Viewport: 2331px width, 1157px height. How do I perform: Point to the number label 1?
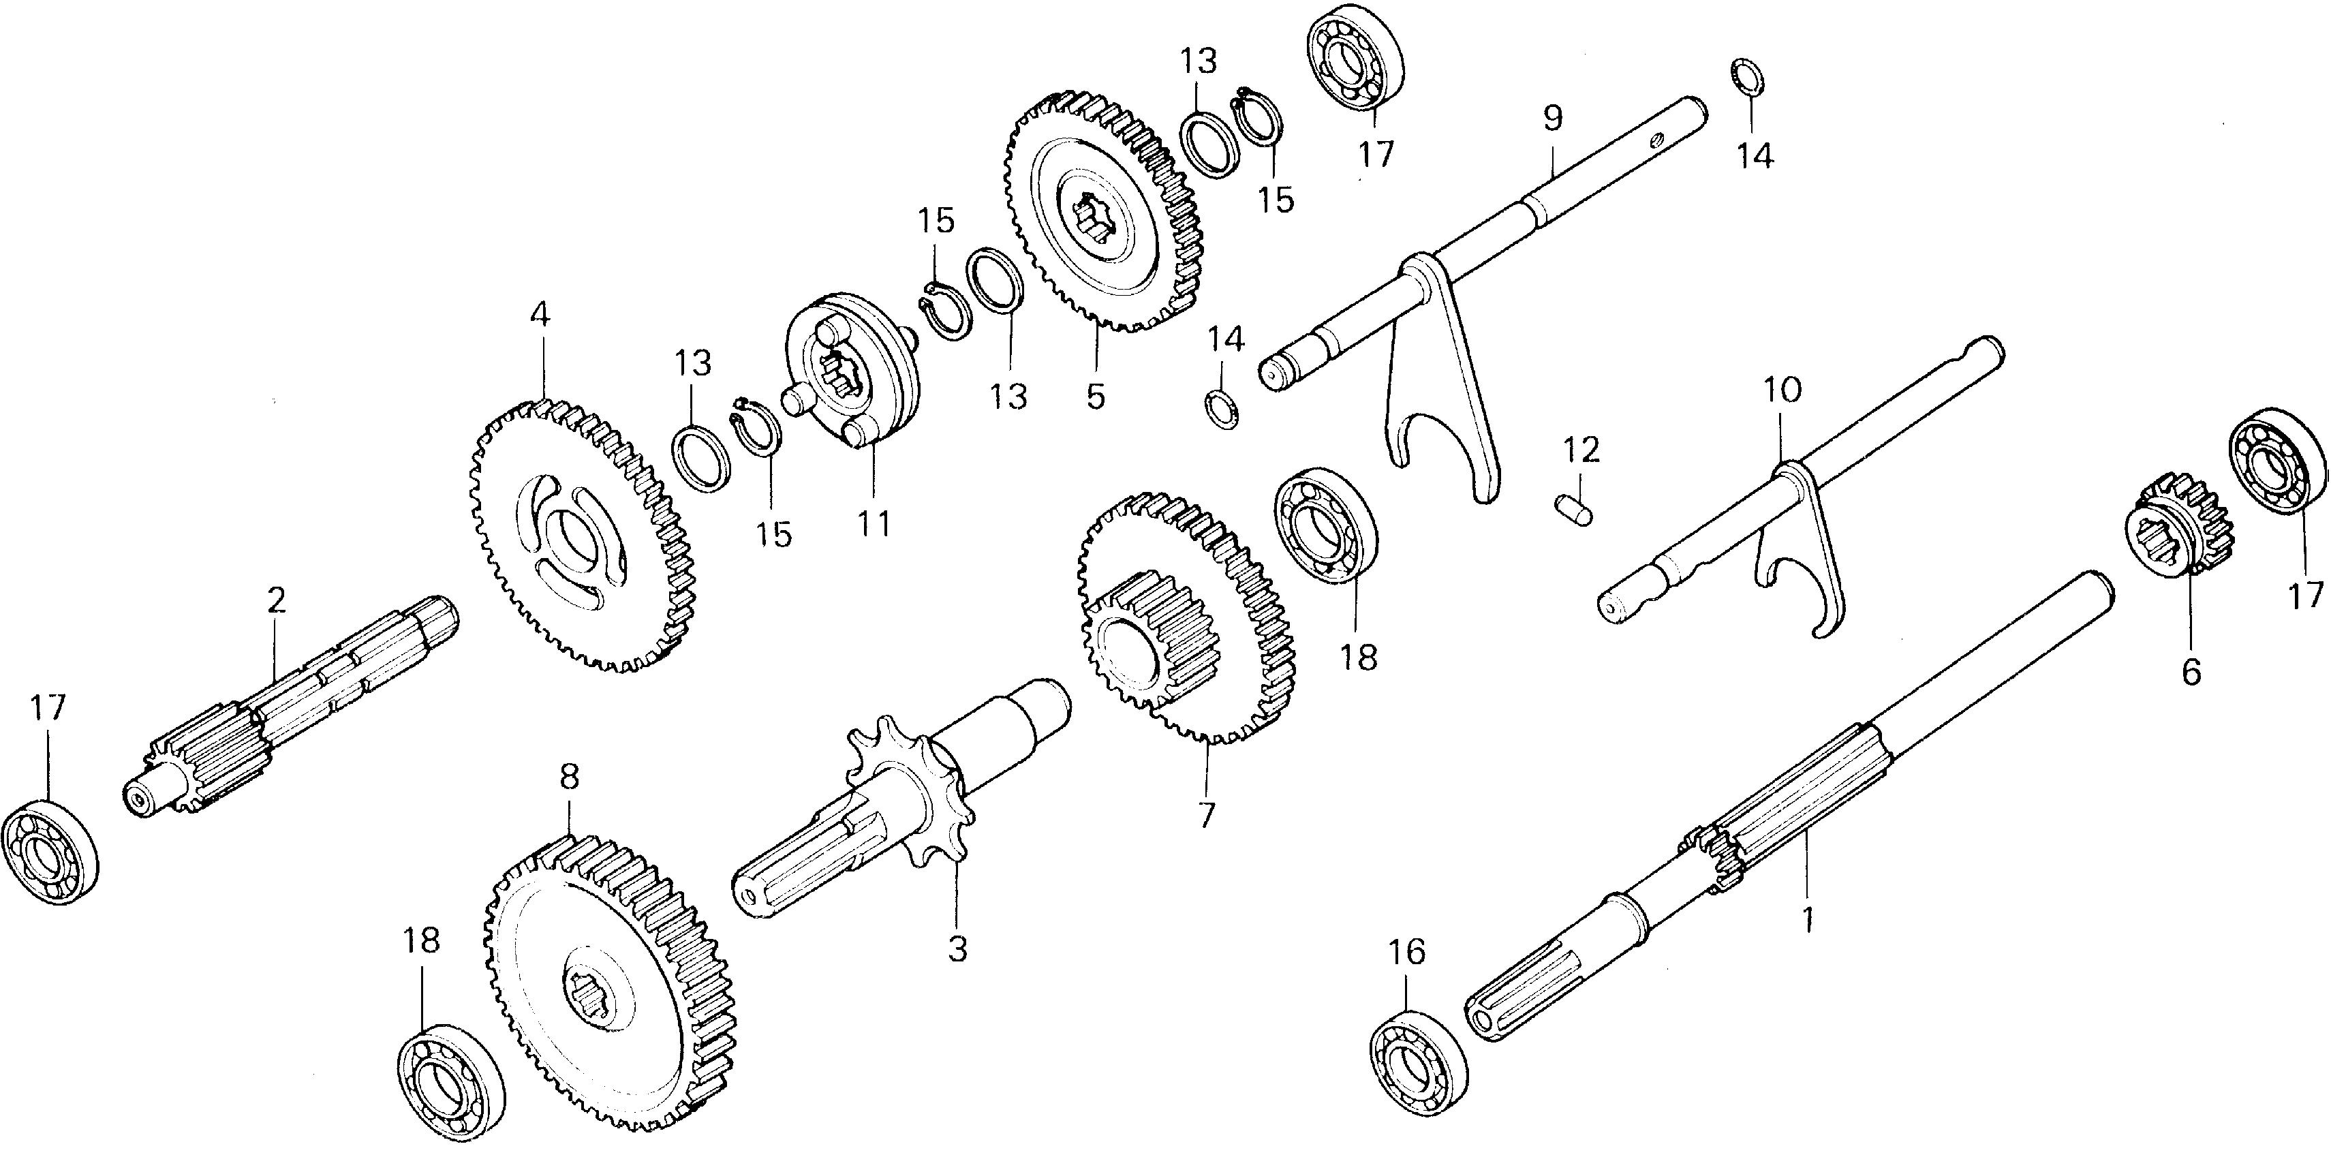[1808, 920]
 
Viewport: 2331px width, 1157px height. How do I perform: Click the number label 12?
[1580, 450]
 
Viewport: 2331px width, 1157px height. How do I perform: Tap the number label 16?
[1407, 952]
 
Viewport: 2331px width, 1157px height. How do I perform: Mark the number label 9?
[1552, 119]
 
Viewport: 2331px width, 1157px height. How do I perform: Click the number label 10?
[1782, 391]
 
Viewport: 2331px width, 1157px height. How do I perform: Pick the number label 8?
[568, 776]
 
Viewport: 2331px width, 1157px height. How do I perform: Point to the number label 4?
[540, 315]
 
